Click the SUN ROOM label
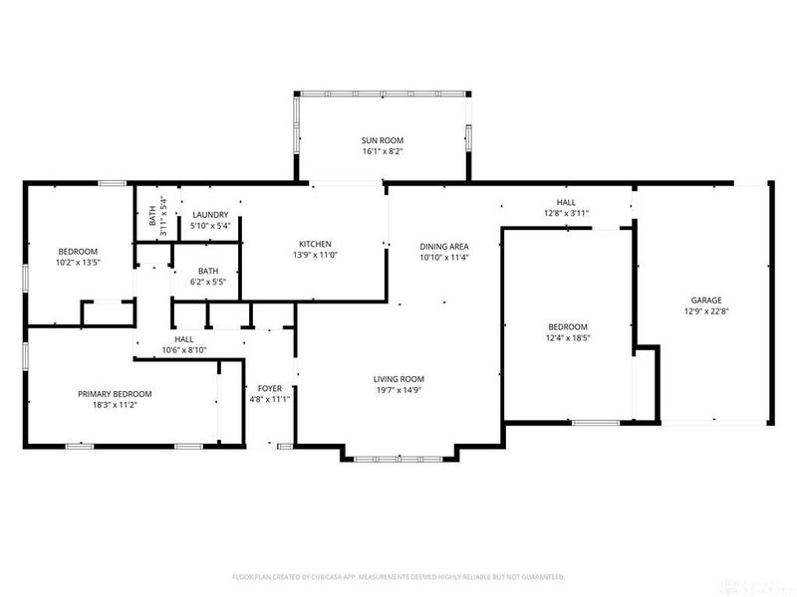(383, 140)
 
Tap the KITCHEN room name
(315, 244)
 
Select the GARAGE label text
(706, 299)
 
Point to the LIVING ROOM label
(398, 379)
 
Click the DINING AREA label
(444, 246)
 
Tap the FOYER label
(269, 388)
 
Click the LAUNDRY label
(210, 215)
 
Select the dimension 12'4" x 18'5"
(568, 338)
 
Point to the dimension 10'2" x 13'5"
(77, 263)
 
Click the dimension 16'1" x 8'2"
(383, 151)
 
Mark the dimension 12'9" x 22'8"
(706, 310)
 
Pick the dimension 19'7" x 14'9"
(398, 390)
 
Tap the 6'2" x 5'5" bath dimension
(208, 282)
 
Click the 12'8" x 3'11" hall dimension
(566, 213)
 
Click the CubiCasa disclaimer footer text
(398, 576)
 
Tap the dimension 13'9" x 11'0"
(315, 255)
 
